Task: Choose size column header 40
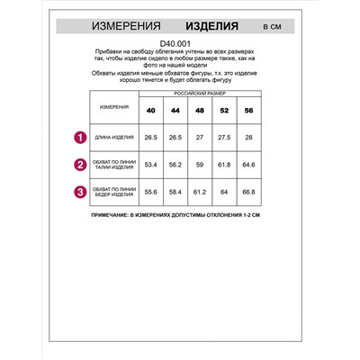(x=149, y=110)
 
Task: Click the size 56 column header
(x=247, y=110)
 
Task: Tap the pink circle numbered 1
(x=79, y=138)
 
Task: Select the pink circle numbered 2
(x=79, y=165)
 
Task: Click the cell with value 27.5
(x=223, y=138)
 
